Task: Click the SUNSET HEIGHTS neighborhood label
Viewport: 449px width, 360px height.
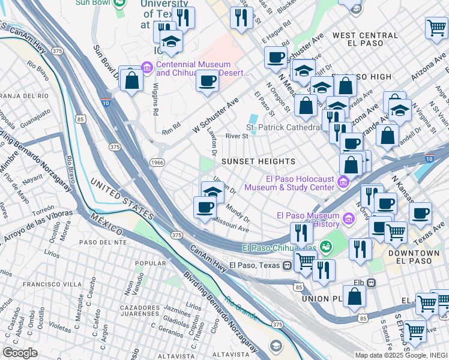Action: (258, 162)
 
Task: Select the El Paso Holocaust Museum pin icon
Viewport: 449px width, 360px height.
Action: (343, 181)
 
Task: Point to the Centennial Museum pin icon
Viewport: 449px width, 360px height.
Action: (147, 65)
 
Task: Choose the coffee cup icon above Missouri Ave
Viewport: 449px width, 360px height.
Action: (205, 208)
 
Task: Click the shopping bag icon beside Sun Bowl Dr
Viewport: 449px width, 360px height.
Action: (131, 80)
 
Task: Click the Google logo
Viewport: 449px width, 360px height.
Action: (20, 353)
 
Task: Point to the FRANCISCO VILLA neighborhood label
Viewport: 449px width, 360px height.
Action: (49, 284)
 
